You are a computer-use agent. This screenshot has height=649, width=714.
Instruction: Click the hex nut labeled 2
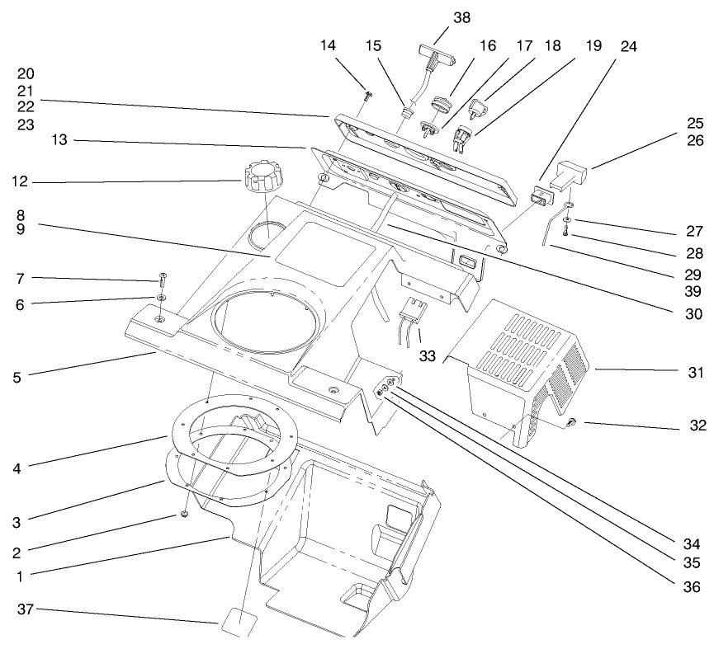click(185, 515)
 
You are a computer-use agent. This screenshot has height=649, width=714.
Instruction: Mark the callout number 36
click(691, 587)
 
